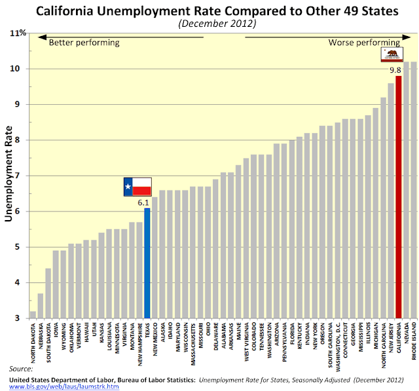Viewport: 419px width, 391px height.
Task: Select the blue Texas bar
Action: (x=147, y=263)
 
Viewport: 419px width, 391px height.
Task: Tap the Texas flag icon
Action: (x=137, y=187)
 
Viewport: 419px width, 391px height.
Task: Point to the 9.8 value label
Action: (x=395, y=70)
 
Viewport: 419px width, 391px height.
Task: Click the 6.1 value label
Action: (x=144, y=202)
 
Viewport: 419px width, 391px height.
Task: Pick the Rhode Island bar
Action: (x=413, y=190)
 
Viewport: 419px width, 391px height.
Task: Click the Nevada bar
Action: (x=406, y=190)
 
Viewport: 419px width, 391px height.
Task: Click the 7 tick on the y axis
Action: (x=22, y=176)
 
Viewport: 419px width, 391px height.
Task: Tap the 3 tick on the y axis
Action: (x=22, y=318)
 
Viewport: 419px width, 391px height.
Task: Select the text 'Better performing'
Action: (x=84, y=43)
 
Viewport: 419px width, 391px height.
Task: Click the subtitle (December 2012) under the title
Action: (x=216, y=24)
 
